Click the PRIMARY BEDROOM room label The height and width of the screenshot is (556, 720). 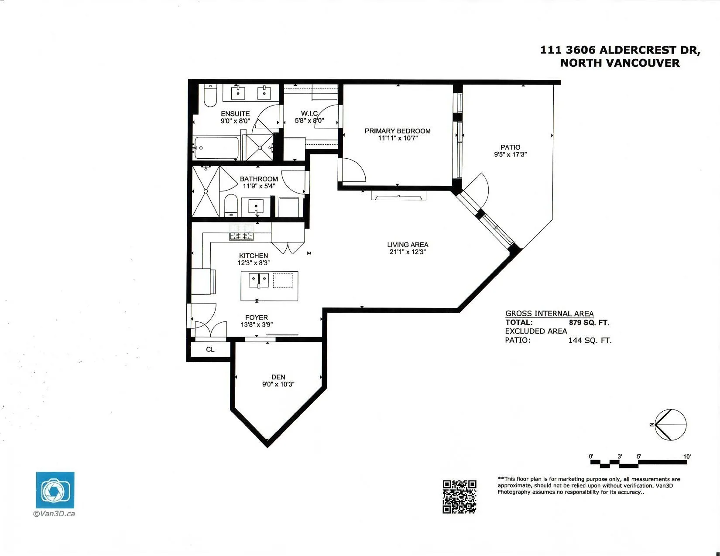tap(398, 131)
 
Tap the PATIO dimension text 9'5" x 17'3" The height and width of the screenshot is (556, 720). tap(510, 154)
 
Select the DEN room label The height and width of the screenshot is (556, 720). tap(278, 377)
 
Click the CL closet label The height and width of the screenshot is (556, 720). tap(210, 349)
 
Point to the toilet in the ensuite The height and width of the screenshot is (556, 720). tap(210, 97)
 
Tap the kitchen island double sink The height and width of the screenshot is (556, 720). tap(258, 280)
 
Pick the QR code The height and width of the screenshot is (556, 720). tap(459, 496)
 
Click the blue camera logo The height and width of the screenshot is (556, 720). tap(55, 490)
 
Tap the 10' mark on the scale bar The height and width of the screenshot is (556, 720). tap(687, 457)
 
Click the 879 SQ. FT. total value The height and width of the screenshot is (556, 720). tap(589, 323)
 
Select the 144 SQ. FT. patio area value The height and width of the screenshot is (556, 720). tap(590, 341)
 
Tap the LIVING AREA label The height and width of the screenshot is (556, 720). tap(408, 245)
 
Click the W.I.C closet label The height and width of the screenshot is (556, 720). tap(309, 113)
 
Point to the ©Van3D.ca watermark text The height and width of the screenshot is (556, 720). tap(54, 514)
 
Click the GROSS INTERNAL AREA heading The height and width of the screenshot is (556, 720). tap(549, 314)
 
